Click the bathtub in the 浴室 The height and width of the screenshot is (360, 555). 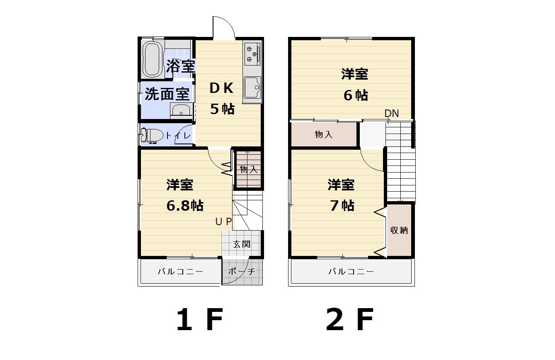point(153,59)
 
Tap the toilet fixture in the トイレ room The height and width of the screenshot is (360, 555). point(152,135)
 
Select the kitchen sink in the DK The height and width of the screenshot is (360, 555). point(252,88)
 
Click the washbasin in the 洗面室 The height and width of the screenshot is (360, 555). point(181,111)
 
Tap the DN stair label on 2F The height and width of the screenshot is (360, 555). point(391,113)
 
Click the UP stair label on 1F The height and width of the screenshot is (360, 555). point(223,221)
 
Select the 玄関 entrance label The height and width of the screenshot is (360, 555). point(242,244)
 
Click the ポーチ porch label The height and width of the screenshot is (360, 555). point(242,272)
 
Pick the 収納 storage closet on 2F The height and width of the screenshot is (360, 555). point(399,230)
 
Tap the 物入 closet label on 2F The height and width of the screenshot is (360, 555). point(324,135)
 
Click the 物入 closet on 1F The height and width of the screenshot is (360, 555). point(248,169)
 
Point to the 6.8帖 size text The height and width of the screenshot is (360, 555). point(185,206)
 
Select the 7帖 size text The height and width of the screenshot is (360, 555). point(342,206)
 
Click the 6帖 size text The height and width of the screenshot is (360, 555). point(356,95)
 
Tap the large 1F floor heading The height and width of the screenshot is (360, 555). point(200,320)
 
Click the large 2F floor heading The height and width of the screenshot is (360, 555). point(350,320)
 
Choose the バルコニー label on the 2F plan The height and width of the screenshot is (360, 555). point(351,272)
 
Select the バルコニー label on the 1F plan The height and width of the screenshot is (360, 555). point(181,272)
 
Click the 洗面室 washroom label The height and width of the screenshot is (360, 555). point(167,94)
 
